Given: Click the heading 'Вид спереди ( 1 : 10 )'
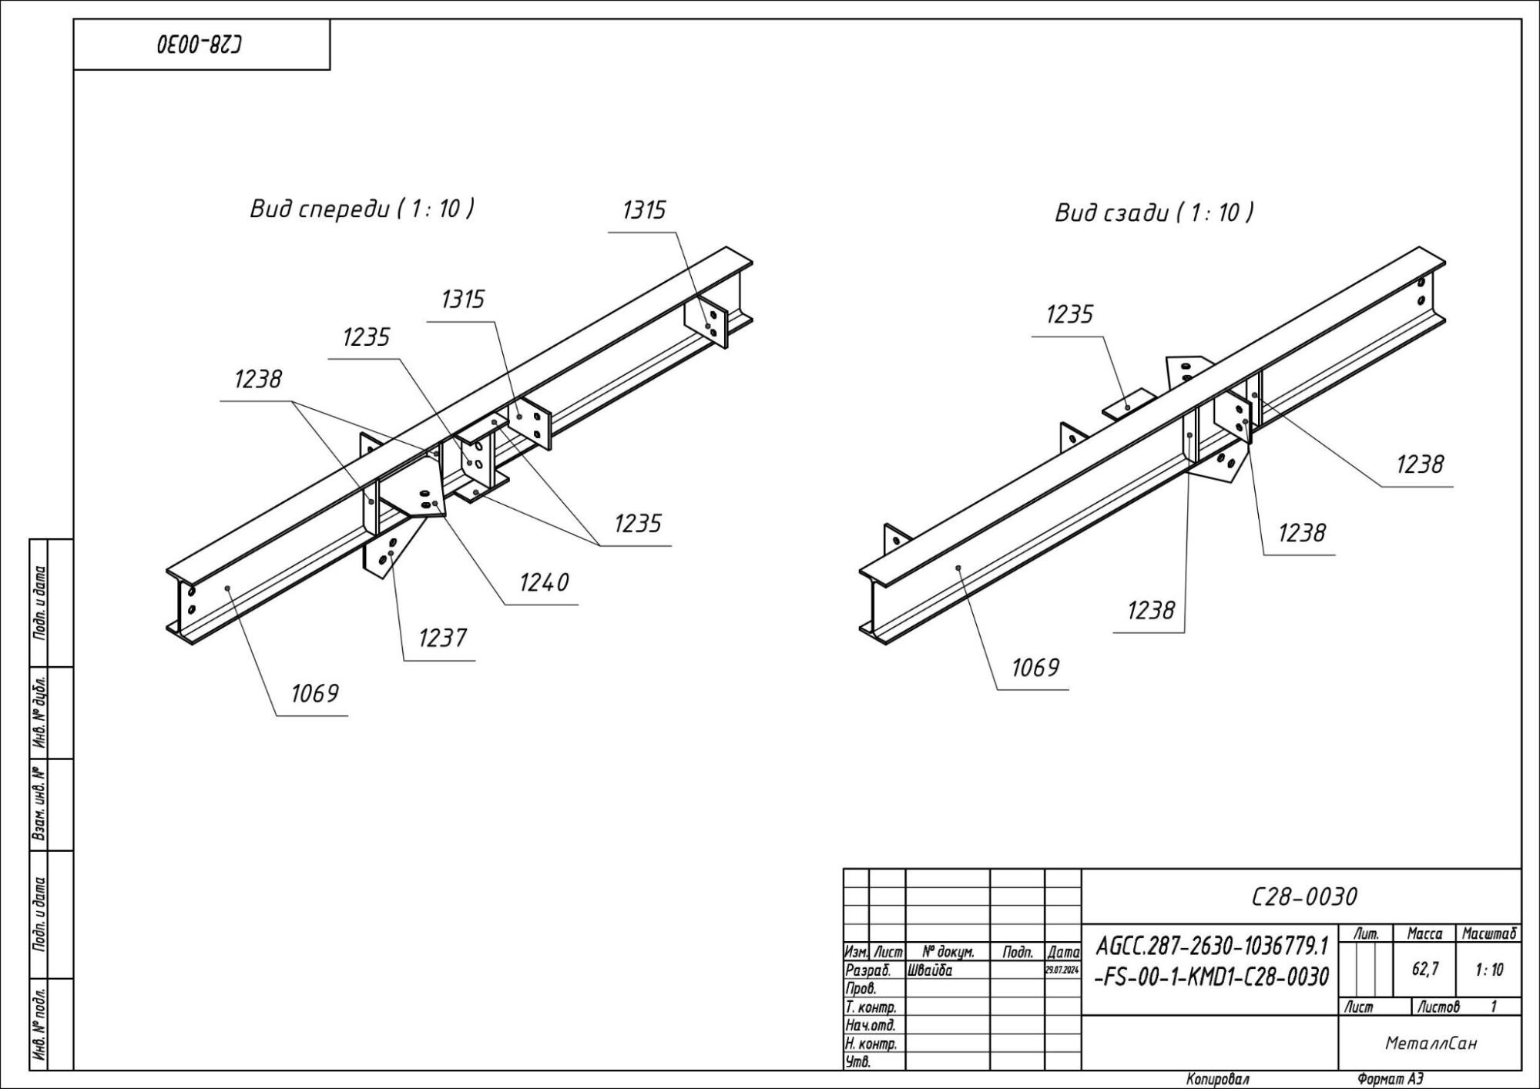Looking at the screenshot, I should click(x=361, y=209).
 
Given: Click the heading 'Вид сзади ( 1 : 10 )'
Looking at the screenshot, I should click(x=1153, y=213).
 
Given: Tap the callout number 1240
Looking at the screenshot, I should click(x=544, y=582).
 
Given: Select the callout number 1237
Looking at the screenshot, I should click(x=442, y=638).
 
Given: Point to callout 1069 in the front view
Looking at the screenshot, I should click(x=314, y=693).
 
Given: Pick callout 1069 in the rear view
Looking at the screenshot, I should click(x=1035, y=668).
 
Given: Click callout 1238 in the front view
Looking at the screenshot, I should click(x=258, y=379).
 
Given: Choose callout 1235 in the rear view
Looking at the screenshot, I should click(x=1069, y=314).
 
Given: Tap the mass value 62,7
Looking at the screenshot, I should click(x=1424, y=970).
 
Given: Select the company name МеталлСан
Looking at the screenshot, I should click(x=1431, y=1044).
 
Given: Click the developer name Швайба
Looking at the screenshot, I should click(x=931, y=970).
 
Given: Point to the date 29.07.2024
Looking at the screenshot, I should click(x=1062, y=970).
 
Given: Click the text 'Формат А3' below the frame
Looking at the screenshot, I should click(x=1390, y=1080).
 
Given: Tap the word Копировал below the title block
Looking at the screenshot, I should click(x=1218, y=1080).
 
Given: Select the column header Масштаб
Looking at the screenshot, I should click(x=1488, y=933).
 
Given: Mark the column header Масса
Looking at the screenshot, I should click(x=1424, y=933).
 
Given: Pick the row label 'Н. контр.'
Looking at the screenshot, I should click(x=871, y=1044).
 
